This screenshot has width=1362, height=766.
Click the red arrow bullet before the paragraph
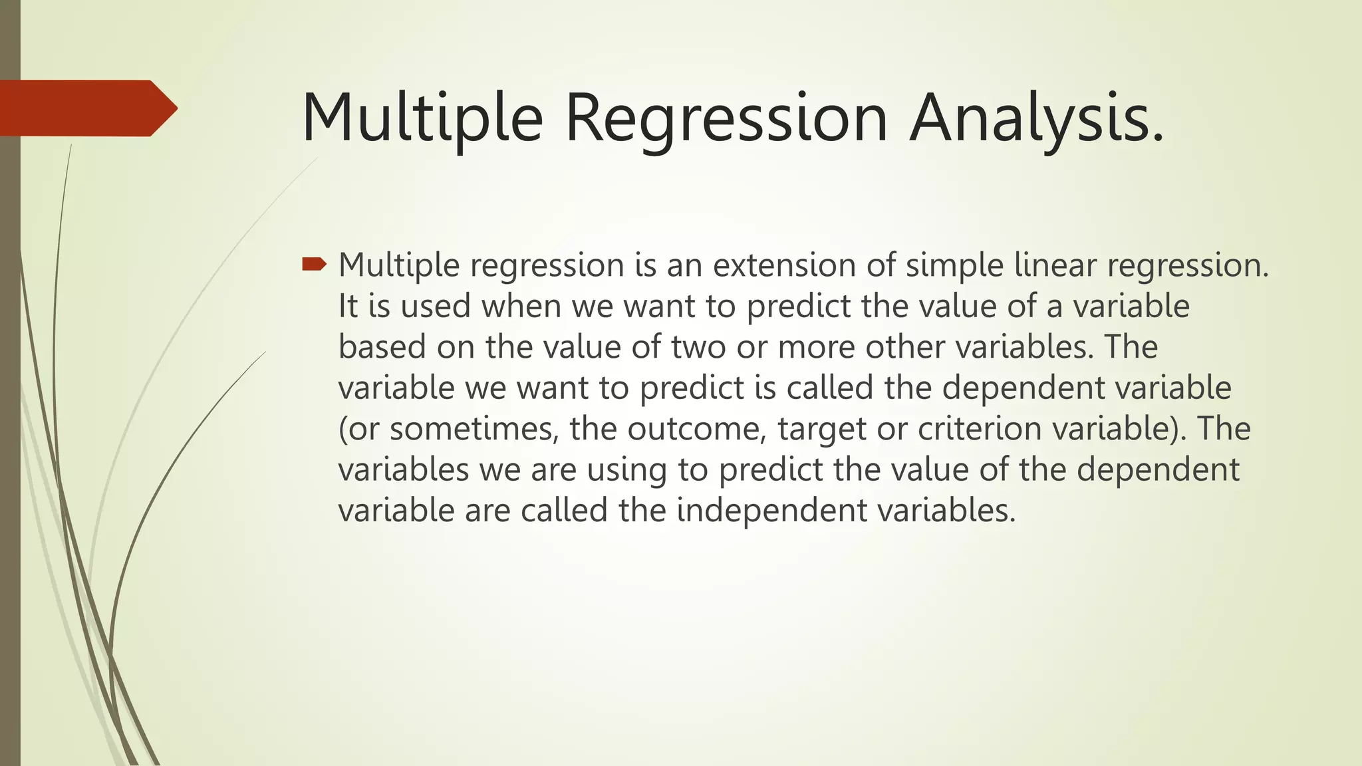tap(314, 265)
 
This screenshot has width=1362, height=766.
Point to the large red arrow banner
tap(86, 108)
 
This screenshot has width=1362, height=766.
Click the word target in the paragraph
tap(822, 429)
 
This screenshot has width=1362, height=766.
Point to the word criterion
tap(980, 429)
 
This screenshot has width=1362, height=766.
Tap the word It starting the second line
tap(348, 307)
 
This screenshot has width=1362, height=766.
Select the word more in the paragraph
tap(816, 347)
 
